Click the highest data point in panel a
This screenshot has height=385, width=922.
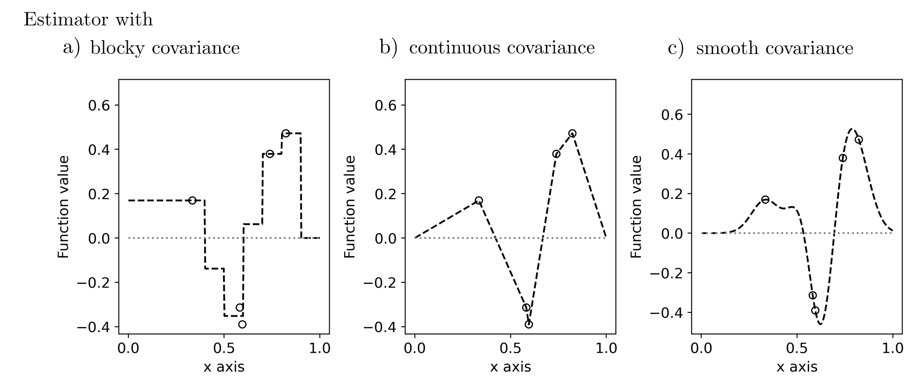click(286, 133)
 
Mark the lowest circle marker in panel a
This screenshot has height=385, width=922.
click(242, 324)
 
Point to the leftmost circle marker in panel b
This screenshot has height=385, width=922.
click(479, 200)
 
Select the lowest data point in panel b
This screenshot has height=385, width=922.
click(529, 324)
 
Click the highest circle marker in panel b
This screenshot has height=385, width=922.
click(572, 133)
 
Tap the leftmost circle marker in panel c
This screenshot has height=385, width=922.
click(765, 200)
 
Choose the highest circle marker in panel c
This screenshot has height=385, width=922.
click(859, 140)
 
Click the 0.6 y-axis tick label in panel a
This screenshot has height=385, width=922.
click(99, 105)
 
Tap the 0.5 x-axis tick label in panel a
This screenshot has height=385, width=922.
click(224, 348)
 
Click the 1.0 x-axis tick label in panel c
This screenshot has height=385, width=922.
click(892, 348)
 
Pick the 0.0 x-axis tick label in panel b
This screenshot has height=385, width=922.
click(415, 348)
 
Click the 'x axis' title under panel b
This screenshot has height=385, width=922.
click(510, 367)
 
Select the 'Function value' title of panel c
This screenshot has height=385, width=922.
click(636, 207)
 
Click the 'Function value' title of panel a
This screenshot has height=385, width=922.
click(63, 207)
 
